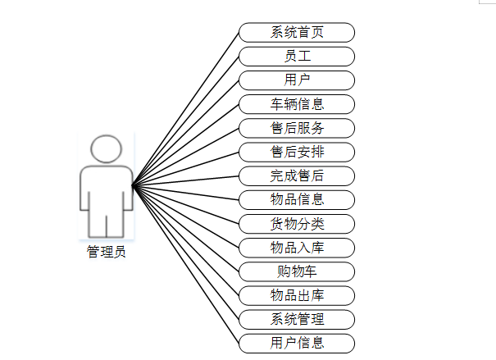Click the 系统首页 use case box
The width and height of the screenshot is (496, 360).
[297, 33]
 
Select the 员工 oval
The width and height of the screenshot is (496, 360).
[297, 57]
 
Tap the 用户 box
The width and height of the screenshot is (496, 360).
[297, 80]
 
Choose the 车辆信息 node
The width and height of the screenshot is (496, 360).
[297, 104]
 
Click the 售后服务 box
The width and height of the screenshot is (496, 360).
[297, 128]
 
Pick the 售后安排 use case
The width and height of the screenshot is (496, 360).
[297, 152]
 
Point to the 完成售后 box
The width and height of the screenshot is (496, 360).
[297, 175]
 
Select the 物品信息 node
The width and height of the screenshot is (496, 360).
[297, 199]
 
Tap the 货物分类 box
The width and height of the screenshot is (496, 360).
[297, 224]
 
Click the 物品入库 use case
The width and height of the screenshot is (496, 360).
[297, 248]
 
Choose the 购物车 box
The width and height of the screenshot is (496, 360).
[297, 271]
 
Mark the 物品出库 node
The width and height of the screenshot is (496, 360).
[297, 295]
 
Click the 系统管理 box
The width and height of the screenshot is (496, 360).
[297, 319]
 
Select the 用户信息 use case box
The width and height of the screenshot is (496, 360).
[297, 343]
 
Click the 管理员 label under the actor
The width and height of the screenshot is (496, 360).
[107, 253]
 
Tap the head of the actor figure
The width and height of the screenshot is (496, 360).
[107, 148]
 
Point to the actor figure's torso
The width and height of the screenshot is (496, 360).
[107, 187]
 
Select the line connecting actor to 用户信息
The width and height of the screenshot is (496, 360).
[185, 264]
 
